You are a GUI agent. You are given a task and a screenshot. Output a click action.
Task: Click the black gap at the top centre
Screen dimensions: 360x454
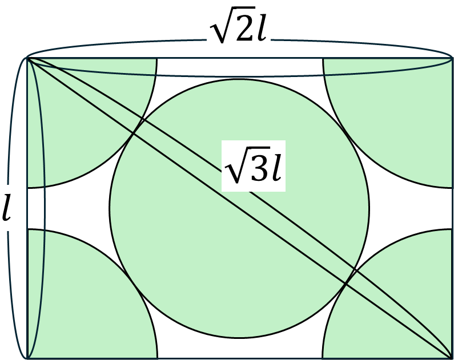click(240, 68)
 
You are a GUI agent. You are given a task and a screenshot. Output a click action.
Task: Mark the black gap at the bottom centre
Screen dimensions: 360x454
click(240, 348)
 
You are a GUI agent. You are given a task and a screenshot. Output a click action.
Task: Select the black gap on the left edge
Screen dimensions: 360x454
click(57, 208)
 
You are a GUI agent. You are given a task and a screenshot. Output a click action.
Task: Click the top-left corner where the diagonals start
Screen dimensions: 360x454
click(28, 58)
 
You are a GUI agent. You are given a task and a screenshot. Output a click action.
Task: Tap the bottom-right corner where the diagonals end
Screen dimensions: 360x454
click(452, 357)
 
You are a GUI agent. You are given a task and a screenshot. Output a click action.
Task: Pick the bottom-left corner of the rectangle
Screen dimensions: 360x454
click(28, 357)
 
